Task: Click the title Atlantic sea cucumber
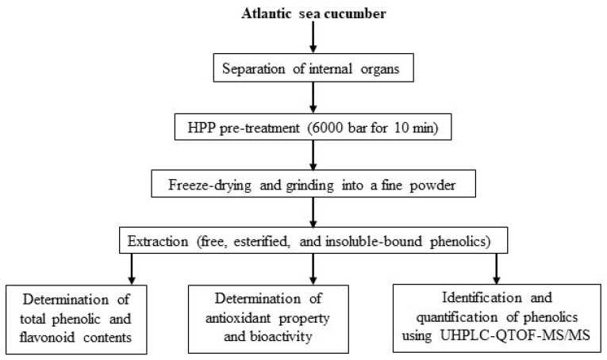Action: [313, 14]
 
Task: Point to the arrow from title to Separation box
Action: [313, 37]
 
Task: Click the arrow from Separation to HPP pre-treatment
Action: [313, 98]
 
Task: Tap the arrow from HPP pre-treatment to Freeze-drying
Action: [313, 155]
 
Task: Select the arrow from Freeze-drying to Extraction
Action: [313, 212]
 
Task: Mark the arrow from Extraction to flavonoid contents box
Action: [132, 269]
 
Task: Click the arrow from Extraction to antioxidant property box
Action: [313, 269]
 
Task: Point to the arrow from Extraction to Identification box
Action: [497, 269]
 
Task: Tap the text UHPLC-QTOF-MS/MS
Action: [515, 335]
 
